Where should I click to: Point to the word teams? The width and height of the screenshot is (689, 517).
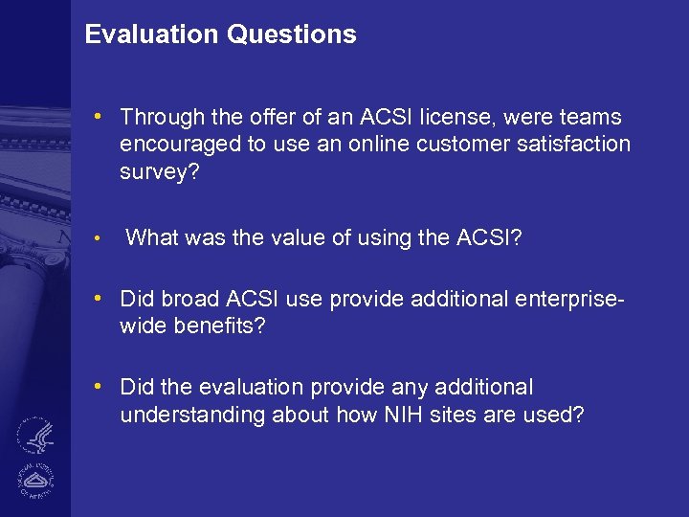pos(590,118)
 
